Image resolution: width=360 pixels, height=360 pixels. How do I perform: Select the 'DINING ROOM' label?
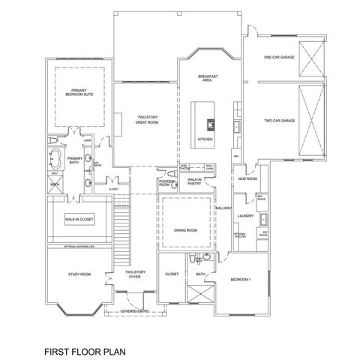coord(185,231)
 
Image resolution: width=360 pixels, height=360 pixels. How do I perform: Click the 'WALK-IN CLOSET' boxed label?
coord(77,220)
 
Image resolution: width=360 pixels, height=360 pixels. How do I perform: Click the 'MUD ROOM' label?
coord(247,180)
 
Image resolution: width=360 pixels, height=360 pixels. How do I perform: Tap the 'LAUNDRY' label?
coord(244,216)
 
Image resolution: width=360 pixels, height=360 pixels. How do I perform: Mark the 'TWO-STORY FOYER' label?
coord(135,274)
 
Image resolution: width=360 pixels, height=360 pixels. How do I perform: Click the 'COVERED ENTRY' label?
coord(135,308)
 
